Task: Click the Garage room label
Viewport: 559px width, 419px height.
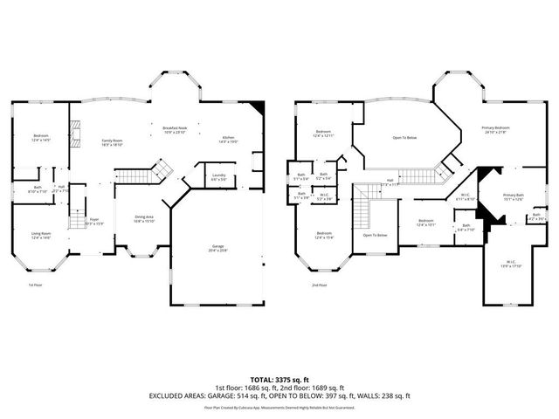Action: (217, 249)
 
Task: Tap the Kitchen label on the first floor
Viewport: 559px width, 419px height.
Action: (228, 138)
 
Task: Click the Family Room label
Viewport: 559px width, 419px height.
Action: (113, 142)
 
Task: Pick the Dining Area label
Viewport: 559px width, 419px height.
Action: (144, 218)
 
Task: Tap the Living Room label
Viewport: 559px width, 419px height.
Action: (41, 235)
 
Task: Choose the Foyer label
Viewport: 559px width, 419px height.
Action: (93, 223)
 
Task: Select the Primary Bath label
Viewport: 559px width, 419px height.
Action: (513, 196)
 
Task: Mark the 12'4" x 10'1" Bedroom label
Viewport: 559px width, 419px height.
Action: (425, 223)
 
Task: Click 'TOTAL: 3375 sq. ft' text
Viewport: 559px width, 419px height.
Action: (279, 380)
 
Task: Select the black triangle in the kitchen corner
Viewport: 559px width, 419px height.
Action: (256, 109)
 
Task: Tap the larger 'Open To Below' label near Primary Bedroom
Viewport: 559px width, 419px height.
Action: (404, 138)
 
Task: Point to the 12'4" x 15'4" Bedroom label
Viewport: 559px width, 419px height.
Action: (323, 236)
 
